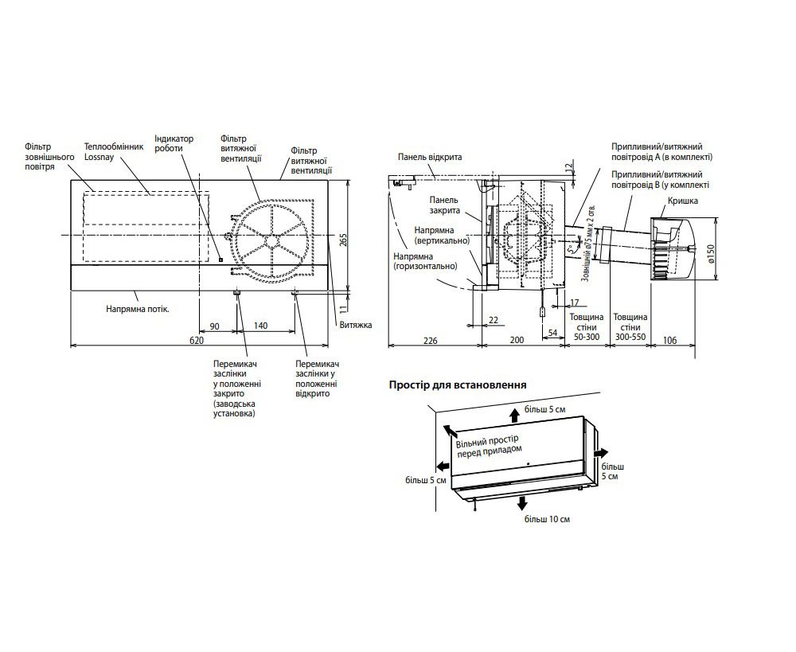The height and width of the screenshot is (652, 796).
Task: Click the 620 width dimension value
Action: [197, 340]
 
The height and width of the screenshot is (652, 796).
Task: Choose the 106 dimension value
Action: [669, 340]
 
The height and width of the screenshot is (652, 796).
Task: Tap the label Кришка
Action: [682, 201]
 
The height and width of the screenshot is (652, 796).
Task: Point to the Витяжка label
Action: [355, 326]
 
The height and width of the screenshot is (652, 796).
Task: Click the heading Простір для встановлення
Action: [457, 385]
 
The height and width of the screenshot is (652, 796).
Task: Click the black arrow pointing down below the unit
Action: [522, 502]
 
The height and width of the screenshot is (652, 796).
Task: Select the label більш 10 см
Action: [547, 519]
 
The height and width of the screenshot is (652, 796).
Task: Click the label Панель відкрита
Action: [430, 158]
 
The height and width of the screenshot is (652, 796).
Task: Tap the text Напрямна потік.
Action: [139, 306]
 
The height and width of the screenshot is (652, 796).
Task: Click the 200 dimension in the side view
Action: [517, 340]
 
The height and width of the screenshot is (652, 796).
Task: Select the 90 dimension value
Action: [213, 326]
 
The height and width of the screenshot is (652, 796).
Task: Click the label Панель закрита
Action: [444, 205]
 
